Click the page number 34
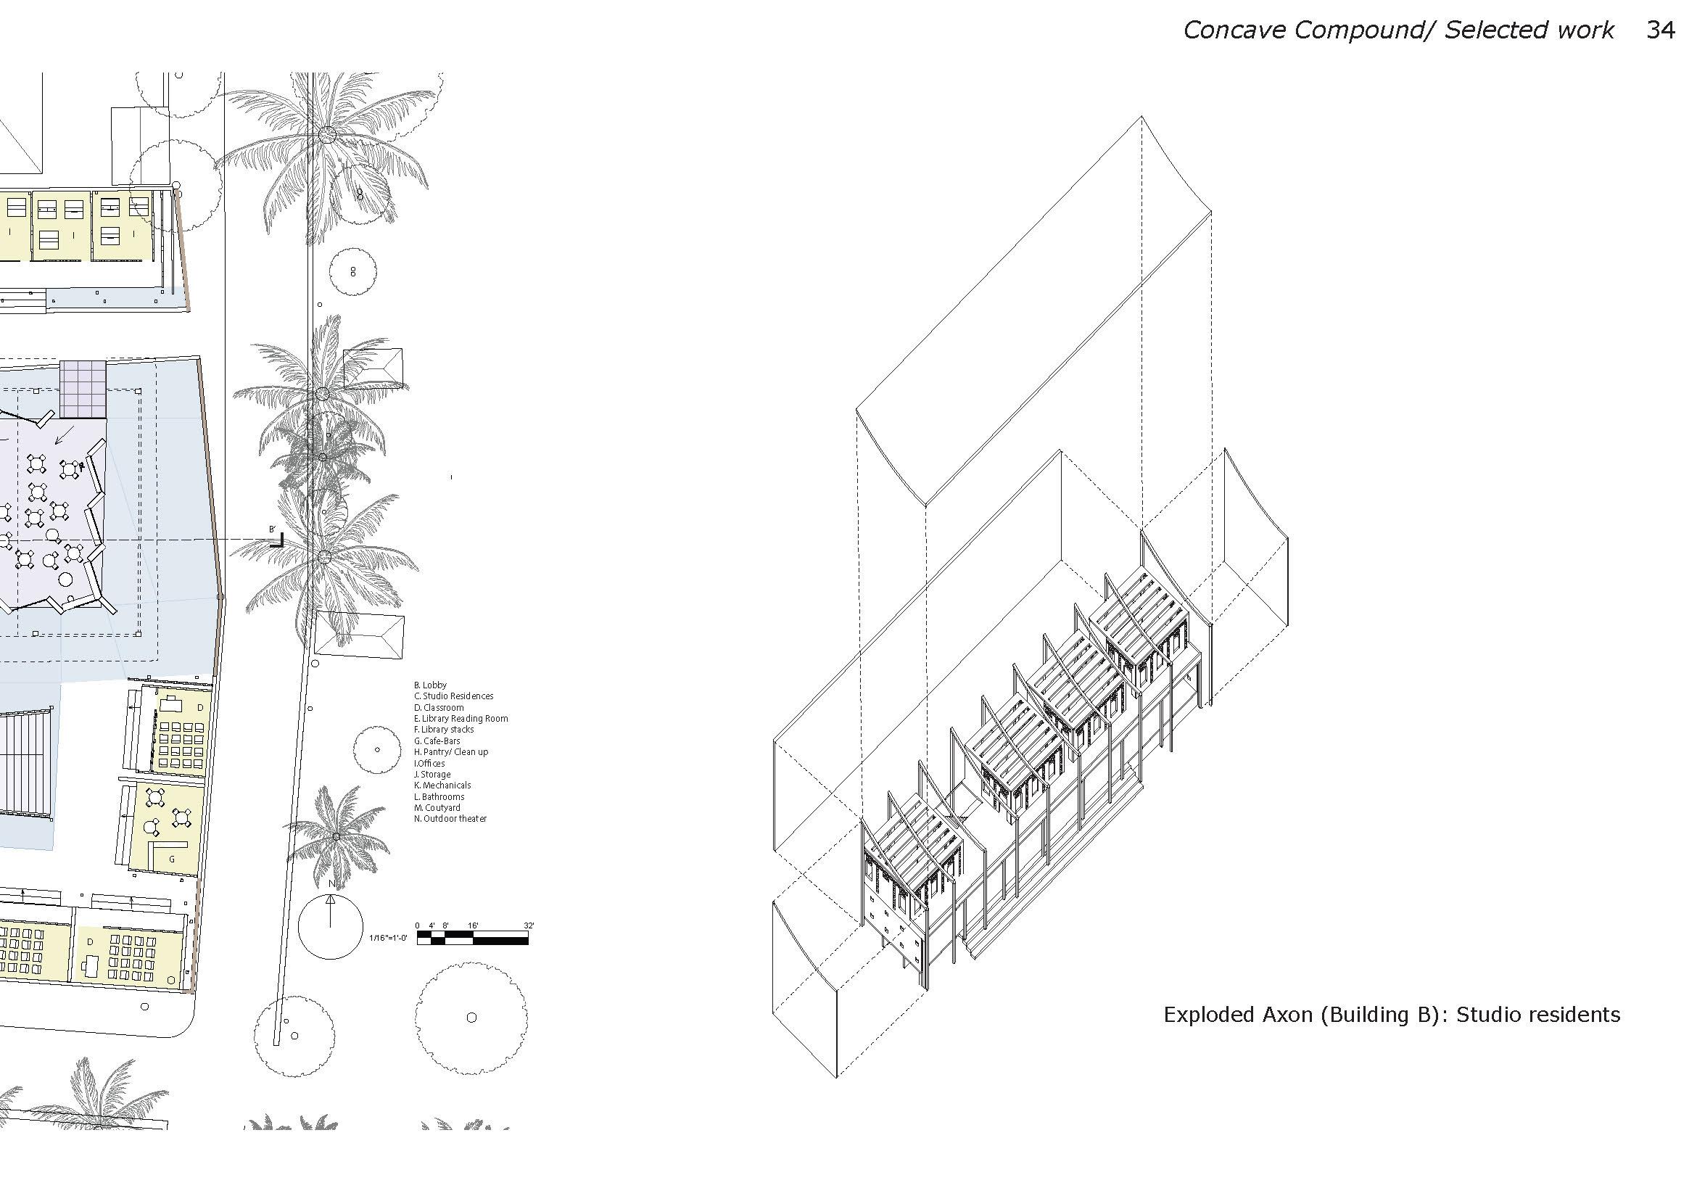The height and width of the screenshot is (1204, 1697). click(x=1661, y=30)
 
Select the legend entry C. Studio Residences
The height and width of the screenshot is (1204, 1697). click(x=453, y=696)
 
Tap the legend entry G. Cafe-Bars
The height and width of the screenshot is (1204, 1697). click(x=437, y=741)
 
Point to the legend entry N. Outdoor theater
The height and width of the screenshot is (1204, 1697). click(x=450, y=818)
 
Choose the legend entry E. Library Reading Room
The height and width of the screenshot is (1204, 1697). click(x=461, y=718)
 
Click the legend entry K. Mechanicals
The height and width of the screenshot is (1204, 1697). click(x=442, y=785)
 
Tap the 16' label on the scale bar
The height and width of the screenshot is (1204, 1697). click(x=473, y=925)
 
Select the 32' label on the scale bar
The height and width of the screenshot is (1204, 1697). click(x=529, y=925)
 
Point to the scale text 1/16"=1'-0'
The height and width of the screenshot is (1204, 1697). click(x=389, y=938)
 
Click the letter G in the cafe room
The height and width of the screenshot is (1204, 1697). click(x=172, y=859)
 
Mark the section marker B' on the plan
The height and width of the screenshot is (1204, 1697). click(x=273, y=529)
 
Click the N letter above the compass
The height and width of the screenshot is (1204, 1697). click(x=331, y=883)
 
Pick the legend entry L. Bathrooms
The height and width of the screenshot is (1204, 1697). click(x=439, y=796)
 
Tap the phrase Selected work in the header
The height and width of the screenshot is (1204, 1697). click(x=1528, y=30)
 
